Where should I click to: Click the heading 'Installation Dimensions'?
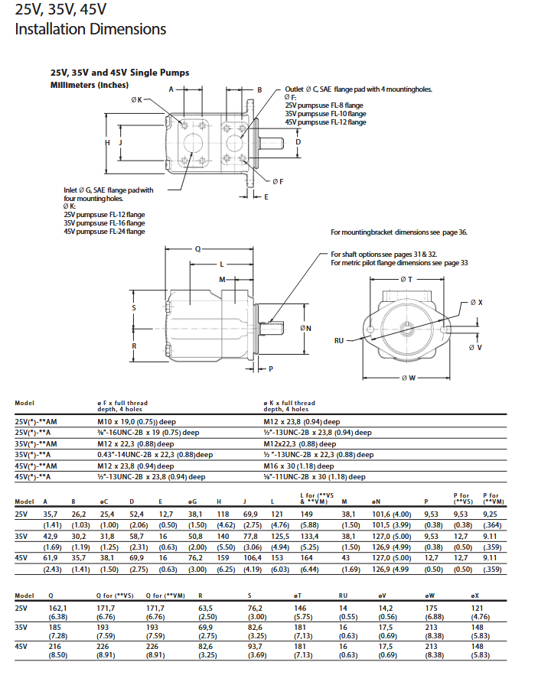pos(90,29)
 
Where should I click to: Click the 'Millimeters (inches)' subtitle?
pos(89,85)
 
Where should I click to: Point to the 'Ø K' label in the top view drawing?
pos(136,100)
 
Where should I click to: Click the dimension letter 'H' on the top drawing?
pos(108,143)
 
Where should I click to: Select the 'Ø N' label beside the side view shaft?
pos(306,328)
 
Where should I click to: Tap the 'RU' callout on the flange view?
pos(339,340)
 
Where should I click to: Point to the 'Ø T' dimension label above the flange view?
pos(406,279)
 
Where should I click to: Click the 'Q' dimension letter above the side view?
pos(197,249)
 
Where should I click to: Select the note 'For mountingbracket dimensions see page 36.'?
pos(399,232)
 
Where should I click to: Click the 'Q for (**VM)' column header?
pos(165,595)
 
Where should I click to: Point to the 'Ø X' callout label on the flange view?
pos(475,303)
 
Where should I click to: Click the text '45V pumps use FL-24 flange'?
pos(104,231)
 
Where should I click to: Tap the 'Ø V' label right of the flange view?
pos(475,348)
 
